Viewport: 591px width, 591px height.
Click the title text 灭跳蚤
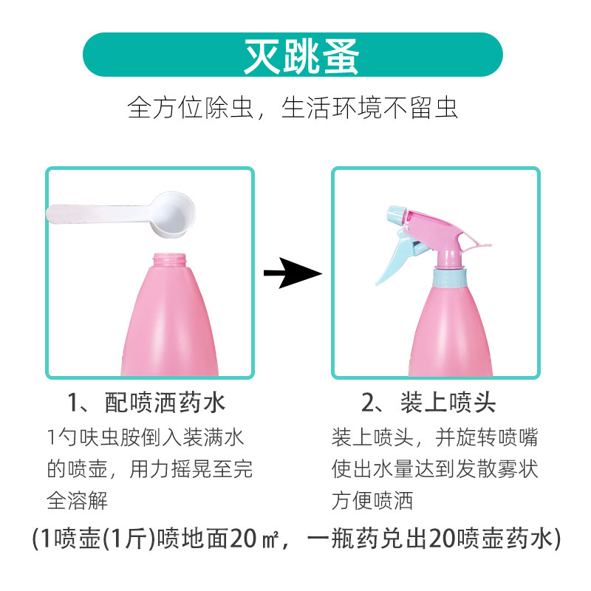301,57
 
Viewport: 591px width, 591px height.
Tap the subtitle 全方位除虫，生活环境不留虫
293,108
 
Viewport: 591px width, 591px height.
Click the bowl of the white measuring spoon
173,214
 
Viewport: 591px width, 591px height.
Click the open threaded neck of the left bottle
170,261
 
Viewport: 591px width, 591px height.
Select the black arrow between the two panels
293,273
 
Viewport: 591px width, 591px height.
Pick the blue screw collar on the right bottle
451,277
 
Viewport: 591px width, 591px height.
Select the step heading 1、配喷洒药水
146,403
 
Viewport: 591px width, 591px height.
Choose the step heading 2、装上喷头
428,403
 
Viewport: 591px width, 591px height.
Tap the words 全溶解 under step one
78,500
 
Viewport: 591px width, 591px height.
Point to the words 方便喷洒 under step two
372,500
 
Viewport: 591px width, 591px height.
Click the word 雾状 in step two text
517,469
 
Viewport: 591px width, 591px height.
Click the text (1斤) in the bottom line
129,539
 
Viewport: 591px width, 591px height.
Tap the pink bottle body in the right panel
451,332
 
